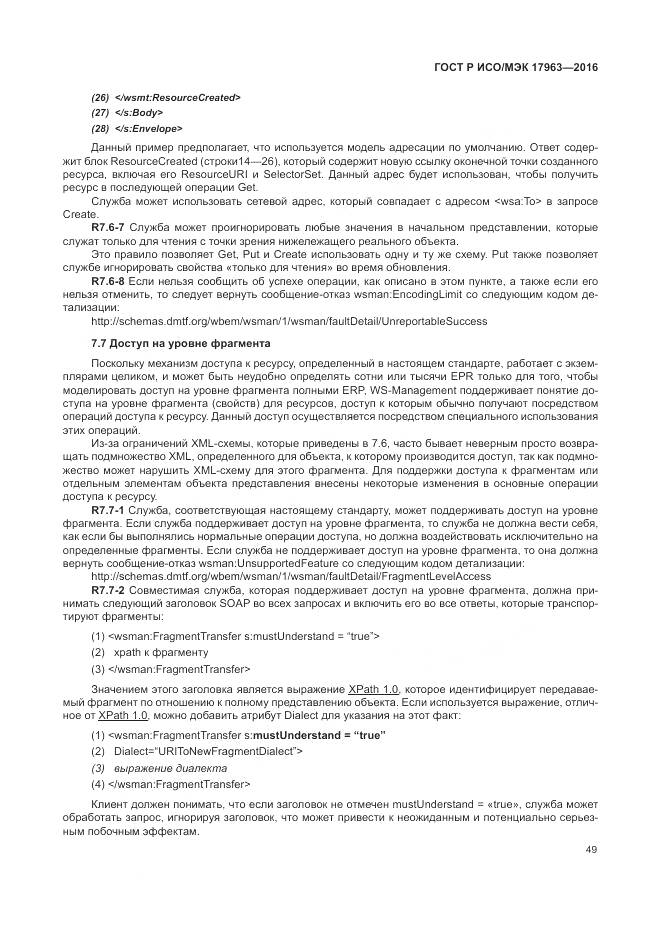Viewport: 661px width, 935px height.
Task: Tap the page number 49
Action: point(591,850)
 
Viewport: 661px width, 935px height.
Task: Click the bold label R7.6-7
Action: point(108,228)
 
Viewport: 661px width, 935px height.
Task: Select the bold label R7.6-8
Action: point(108,282)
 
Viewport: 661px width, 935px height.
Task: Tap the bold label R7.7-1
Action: point(108,509)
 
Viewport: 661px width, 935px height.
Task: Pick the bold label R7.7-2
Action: point(108,591)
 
